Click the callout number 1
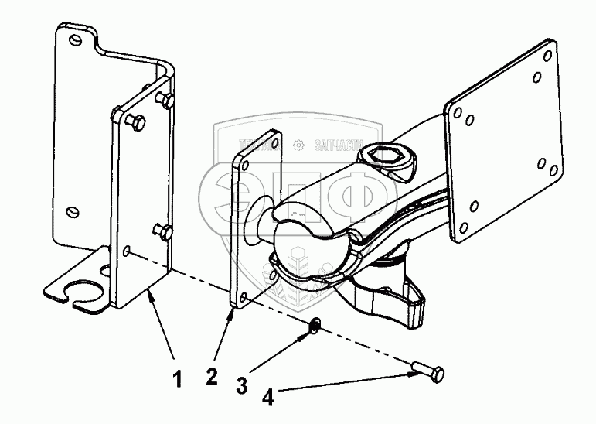coord(176,380)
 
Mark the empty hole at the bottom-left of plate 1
coord(127,251)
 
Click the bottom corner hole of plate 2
coord(244,298)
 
